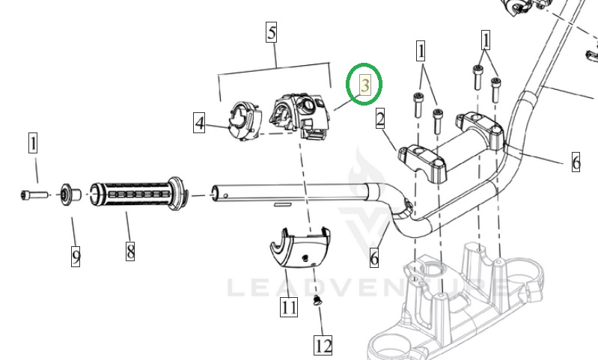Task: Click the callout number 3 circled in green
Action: (x=364, y=85)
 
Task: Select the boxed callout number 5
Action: (x=272, y=32)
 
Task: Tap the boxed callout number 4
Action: (x=199, y=122)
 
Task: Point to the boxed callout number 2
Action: (x=380, y=118)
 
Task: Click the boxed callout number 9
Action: (x=76, y=257)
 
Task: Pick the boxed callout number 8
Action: (x=130, y=251)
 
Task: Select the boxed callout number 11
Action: (x=289, y=305)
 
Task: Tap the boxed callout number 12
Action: (x=323, y=346)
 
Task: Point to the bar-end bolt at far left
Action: (x=33, y=195)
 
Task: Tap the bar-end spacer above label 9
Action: (x=70, y=195)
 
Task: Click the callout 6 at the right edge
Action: (x=576, y=162)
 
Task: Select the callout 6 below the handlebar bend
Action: (x=374, y=258)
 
